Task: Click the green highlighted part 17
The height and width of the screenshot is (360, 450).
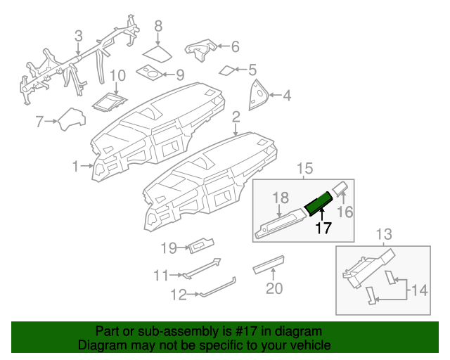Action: pyautogui.click(x=321, y=202)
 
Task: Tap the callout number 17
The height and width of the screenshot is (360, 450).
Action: pyautogui.click(x=323, y=228)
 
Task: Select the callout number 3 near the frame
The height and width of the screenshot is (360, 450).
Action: pyautogui.click(x=78, y=35)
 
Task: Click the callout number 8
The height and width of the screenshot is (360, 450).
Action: pyautogui.click(x=158, y=26)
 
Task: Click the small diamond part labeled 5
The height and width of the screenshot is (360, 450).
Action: pyautogui.click(x=199, y=48)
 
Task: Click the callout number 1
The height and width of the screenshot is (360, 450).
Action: pyautogui.click(x=75, y=166)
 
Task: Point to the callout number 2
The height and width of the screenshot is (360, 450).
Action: pyautogui.click(x=236, y=116)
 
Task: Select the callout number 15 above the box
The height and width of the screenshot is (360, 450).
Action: pyautogui.click(x=303, y=168)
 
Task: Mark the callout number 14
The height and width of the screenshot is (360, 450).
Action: pyautogui.click(x=418, y=289)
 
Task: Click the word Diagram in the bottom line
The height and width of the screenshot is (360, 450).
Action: pyautogui.click(x=98, y=346)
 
